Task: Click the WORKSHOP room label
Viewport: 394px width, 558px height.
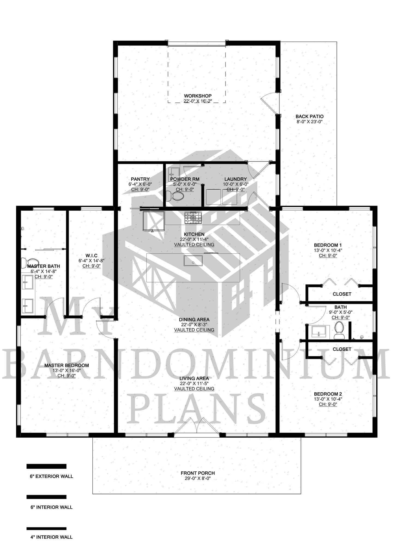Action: coord(198,96)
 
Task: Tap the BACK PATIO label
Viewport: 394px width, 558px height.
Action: coord(309,117)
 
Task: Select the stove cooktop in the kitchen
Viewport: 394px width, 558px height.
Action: coord(193,218)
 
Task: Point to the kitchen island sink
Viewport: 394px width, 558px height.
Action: coord(193,260)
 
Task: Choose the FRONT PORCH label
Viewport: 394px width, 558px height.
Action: coord(198,473)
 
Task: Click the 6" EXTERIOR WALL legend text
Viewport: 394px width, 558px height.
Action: coord(52,477)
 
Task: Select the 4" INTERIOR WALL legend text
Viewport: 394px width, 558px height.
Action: coord(52,537)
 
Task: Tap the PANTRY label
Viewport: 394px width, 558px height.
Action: coord(140,179)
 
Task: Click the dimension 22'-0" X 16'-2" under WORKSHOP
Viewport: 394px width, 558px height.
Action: coord(198,101)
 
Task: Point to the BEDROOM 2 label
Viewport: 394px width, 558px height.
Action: coord(328,394)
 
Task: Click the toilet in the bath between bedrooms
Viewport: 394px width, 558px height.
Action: coord(339,330)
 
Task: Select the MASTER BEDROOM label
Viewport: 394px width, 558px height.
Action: coord(67,365)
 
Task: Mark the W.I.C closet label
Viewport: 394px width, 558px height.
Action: coord(91,256)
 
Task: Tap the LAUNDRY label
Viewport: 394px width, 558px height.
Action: coord(236,179)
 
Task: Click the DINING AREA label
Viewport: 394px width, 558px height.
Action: coord(194,320)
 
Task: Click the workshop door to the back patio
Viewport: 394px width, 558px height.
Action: coord(270,103)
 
